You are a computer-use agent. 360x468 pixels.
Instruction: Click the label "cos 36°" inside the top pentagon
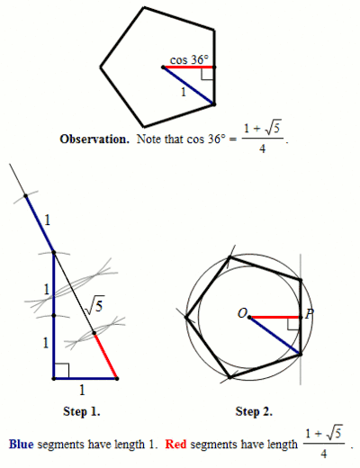pyautogui.click(x=189, y=59)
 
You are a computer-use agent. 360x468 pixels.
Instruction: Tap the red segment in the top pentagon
pyautogui.click(x=188, y=67)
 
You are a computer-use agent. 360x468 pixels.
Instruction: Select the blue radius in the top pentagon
pyautogui.click(x=188, y=85)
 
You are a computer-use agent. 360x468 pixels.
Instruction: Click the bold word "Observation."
pyautogui.click(x=94, y=139)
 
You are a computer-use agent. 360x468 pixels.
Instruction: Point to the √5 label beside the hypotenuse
pyautogui.click(x=94, y=305)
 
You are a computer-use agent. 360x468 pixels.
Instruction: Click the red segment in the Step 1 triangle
pyautogui.click(x=105, y=355)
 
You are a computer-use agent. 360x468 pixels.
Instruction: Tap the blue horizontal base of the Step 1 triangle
pyautogui.click(x=85, y=379)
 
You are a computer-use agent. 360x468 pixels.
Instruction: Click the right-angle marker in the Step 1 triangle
pyautogui.click(x=62, y=370)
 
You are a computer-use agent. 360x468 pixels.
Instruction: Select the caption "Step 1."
pyautogui.click(x=82, y=411)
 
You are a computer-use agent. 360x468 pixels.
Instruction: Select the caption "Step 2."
pyautogui.click(x=254, y=411)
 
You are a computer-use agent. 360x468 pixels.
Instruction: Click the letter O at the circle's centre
pyautogui.click(x=242, y=313)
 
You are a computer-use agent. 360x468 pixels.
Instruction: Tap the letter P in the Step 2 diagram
pyautogui.click(x=310, y=314)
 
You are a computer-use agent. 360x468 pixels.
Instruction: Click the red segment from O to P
pyautogui.click(x=275, y=317)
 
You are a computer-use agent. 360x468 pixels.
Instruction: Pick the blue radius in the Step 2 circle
pyautogui.click(x=274, y=336)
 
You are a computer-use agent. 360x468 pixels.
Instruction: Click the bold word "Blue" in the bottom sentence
pyautogui.click(x=22, y=444)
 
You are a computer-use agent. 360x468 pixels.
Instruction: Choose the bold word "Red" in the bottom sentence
pyautogui.click(x=175, y=444)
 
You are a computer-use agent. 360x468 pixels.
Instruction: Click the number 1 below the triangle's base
pyautogui.click(x=82, y=390)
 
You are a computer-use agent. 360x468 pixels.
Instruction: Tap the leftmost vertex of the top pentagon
pyautogui.click(x=101, y=67)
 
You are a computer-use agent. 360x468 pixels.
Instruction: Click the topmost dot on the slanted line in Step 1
pyautogui.click(x=26, y=196)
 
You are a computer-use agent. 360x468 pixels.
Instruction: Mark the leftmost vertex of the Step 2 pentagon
pyautogui.click(x=186, y=318)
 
